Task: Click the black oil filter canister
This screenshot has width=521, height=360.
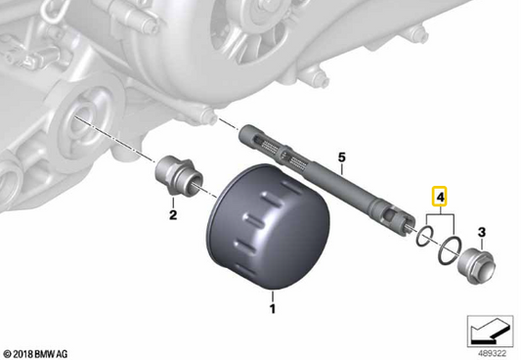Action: pos(269,227)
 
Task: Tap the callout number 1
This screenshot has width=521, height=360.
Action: pos(273,309)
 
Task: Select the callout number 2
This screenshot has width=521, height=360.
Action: pos(173,215)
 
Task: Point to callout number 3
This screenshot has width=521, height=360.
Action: pos(482,232)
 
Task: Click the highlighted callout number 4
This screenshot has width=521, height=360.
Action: pos(440,198)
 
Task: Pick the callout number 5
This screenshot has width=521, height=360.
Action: pos(342,157)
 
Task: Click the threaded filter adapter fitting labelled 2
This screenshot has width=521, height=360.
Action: pos(179,176)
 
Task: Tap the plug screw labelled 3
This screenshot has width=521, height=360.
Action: pos(477,266)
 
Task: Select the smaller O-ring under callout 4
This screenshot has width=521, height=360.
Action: pos(424,236)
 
